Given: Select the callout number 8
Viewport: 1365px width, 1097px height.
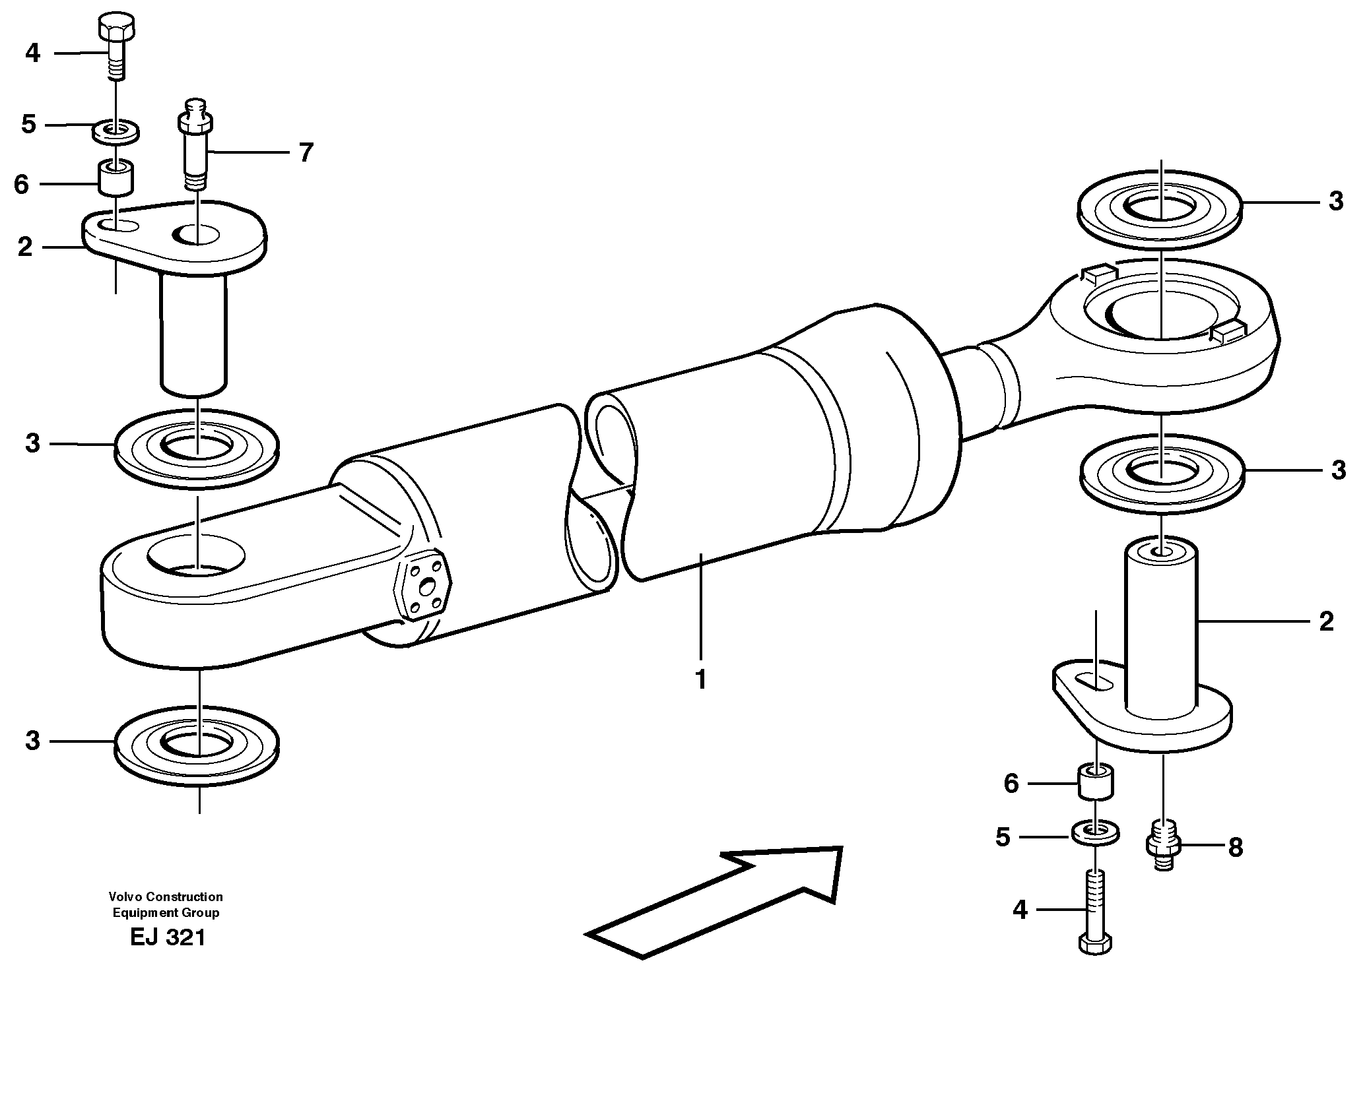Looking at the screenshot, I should tap(1235, 847).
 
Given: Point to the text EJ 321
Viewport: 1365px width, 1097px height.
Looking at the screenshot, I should tap(168, 937).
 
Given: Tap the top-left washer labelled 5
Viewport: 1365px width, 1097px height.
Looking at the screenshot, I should tap(116, 131).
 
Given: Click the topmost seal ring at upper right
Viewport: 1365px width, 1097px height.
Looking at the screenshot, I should tap(1160, 210).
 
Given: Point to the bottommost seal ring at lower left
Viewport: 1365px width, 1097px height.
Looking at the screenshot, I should tap(197, 745).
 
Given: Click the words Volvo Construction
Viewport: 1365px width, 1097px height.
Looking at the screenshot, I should tap(166, 896).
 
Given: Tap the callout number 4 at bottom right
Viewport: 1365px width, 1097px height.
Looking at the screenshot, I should tap(1020, 910).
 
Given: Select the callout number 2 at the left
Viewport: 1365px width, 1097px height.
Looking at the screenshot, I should tap(25, 247).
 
